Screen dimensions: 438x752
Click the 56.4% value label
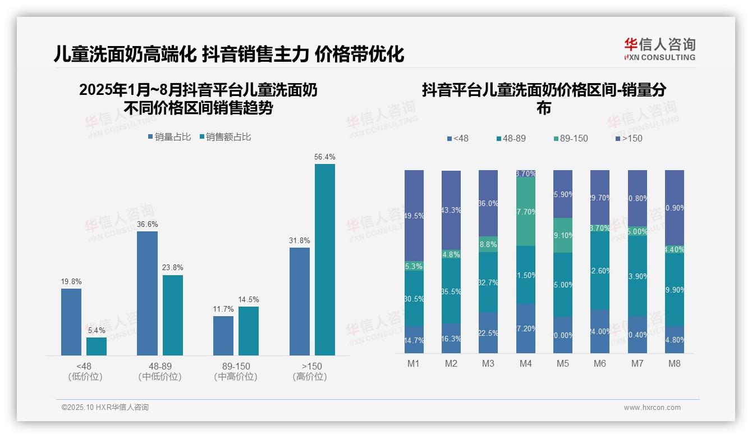pyautogui.click(x=324, y=157)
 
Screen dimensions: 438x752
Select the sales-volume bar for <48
pyautogui.click(x=71, y=321)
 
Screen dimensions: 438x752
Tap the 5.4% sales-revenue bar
pyautogui.click(x=97, y=346)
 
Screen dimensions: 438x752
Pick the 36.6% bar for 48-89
pyautogui.click(x=147, y=293)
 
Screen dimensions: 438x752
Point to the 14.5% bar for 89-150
pyautogui.click(x=249, y=330)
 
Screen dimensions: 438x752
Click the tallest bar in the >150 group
pyautogui.click(x=324, y=259)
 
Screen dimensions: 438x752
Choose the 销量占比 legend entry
pyautogui.click(x=169, y=137)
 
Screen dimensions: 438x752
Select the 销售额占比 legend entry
pyautogui.click(x=225, y=137)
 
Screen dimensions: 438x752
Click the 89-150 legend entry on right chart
pyautogui.click(x=570, y=138)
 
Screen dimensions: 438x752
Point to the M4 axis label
pyautogui.click(x=525, y=363)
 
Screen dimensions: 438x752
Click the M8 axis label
pyautogui.click(x=674, y=363)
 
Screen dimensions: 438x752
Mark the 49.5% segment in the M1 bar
pyautogui.click(x=414, y=215)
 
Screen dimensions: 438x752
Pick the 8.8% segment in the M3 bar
pyautogui.click(x=488, y=244)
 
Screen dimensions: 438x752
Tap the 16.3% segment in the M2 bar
pyautogui.click(x=451, y=338)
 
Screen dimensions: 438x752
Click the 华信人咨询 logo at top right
pyautogui.click(x=659, y=49)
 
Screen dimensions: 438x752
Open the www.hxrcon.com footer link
pyautogui.click(x=652, y=408)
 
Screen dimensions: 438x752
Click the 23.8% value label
pyautogui.click(x=172, y=267)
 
